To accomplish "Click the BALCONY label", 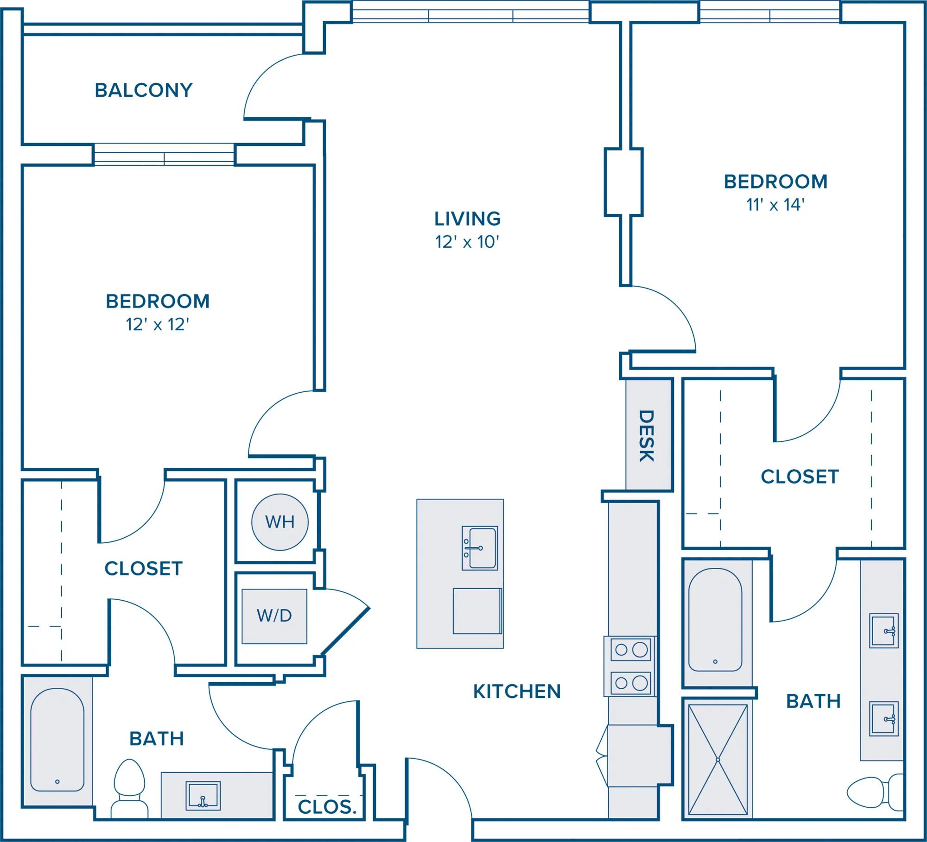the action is pos(144,90).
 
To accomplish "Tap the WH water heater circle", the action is pos(280,522).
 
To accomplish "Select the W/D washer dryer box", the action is pos(274,616).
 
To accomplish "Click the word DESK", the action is pos(647,436).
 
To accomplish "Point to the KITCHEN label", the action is pos(517,691).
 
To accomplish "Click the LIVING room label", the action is pos(467,219).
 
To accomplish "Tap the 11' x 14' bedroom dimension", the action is pos(775,204).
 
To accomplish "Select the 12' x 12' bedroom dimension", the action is pos(158,324).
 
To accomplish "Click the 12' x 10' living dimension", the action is pos(467,242).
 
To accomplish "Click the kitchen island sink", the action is pos(480,548).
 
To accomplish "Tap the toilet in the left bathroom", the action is pos(130,789).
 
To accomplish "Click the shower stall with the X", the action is pos(717,760).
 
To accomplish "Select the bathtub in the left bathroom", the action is pos(57,740).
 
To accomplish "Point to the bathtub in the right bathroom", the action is pos(715,620).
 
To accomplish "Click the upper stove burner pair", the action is pos(630,650).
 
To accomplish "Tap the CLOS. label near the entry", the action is pos(327,807).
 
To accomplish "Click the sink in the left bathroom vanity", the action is pos(203,796).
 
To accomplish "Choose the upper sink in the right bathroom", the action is pos(884,631).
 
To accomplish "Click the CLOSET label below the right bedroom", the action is pos(800,477).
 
